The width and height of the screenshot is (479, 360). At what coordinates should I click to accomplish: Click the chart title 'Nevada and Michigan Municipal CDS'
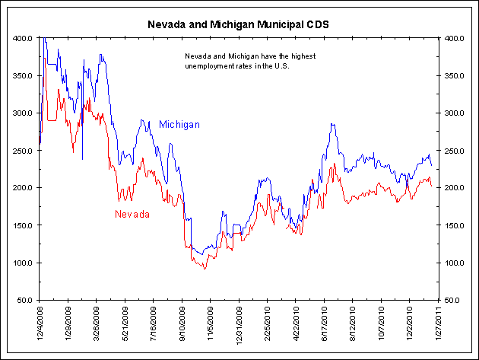(x=239, y=24)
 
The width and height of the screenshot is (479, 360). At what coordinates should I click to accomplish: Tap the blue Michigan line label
(x=179, y=124)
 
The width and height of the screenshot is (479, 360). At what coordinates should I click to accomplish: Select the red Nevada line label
(x=132, y=214)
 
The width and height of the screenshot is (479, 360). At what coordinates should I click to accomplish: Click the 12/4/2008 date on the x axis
(x=40, y=324)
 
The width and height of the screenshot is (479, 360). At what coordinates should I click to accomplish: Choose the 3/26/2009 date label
(x=97, y=323)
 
